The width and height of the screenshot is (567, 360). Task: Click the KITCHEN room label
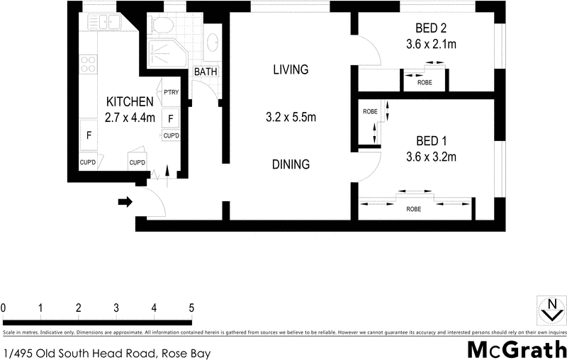pyautogui.click(x=130, y=101)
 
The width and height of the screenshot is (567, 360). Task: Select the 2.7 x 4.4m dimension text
pyautogui.click(x=130, y=118)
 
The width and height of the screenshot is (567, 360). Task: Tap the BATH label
pyautogui.click(x=206, y=72)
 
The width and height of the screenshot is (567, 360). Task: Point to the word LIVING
pyautogui.click(x=291, y=69)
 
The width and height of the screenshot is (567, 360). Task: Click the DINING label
pyautogui.click(x=291, y=164)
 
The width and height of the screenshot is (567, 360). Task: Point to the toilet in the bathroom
pyautogui.click(x=162, y=27)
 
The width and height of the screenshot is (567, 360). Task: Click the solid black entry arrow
pyautogui.click(x=125, y=203)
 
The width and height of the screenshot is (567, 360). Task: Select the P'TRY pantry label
pyautogui.click(x=171, y=92)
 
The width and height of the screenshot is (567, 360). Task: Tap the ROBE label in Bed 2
pyautogui.click(x=425, y=81)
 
